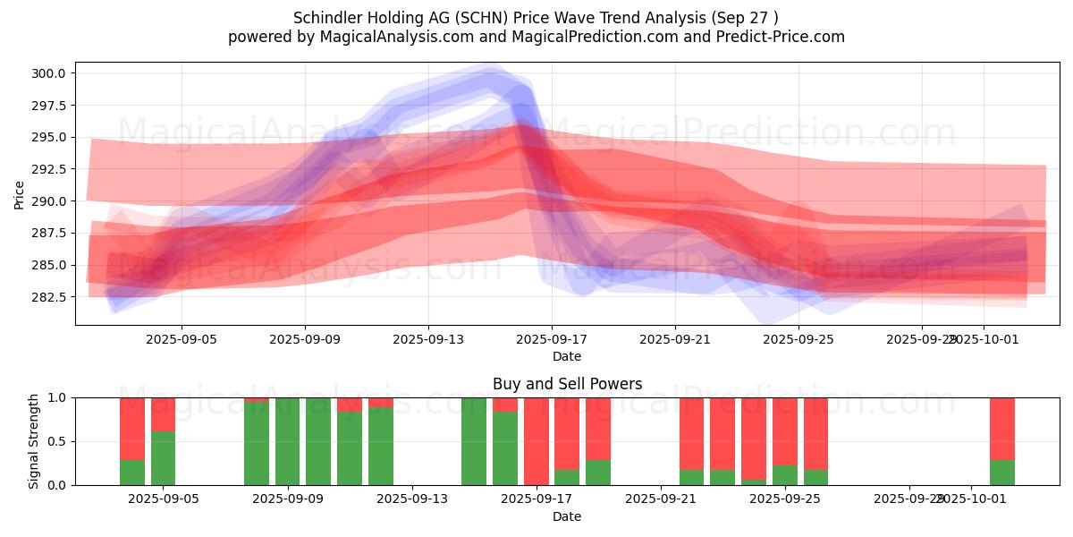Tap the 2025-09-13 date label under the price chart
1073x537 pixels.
[x=427, y=340]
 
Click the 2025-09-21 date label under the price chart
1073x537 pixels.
[x=674, y=340]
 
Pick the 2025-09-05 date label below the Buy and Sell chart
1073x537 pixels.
[x=163, y=499]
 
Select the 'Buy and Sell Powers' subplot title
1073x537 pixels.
[x=567, y=384]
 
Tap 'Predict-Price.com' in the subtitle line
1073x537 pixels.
[x=778, y=37]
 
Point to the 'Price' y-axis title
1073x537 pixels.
[x=20, y=194]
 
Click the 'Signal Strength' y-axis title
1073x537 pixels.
[x=34, y=441]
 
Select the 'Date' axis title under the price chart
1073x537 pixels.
[x=567, y=356]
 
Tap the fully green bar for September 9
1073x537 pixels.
[x=287, y=441]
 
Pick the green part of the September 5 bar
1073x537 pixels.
[x=163, y=458]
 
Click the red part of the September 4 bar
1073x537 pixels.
[x=132, y=428]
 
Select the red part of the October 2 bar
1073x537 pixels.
[x=1002, y=428]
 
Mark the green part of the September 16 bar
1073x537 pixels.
[x=505, y=448]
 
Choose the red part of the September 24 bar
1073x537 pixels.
[x=754, y=438]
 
